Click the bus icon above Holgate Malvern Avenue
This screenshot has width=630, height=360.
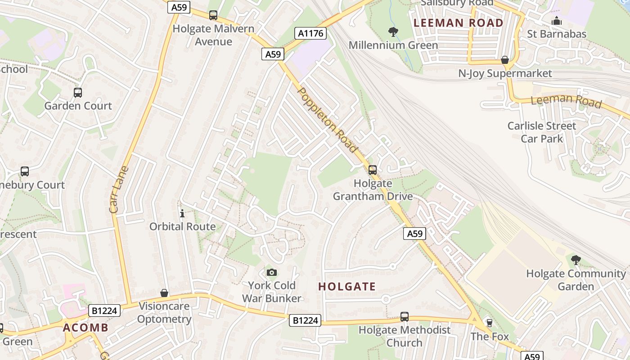tap(213, 15)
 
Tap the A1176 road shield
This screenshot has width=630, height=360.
tap(310, 33)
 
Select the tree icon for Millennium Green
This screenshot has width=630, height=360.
tap(393, 31)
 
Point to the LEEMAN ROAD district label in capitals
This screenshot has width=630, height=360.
tap(459, 22)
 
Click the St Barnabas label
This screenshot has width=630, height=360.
tap(557, 34)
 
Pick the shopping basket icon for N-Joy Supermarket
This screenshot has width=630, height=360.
tap(505, 60)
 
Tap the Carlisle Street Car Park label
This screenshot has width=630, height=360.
tap(542, 132)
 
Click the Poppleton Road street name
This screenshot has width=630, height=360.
tap(328, 120)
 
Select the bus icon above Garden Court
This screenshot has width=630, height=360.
tap(78, 93)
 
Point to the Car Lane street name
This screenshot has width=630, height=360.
tap(119, 189)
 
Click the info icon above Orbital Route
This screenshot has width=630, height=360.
tap(182, 213)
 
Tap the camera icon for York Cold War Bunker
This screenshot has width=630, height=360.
tap(271, 272)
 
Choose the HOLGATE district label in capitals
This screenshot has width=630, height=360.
tap(347, 286)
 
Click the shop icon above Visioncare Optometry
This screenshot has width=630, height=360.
tap(164, 293)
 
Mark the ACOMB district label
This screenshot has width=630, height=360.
tap(86, 327)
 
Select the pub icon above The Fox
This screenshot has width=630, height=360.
tap(490, 323)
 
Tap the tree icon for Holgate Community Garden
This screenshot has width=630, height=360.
tap(576, 260)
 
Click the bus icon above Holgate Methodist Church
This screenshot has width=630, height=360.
tap(405, 317)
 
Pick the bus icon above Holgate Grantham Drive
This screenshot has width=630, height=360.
tap(373, 170)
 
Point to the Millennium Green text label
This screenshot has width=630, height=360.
tap(393, 45)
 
